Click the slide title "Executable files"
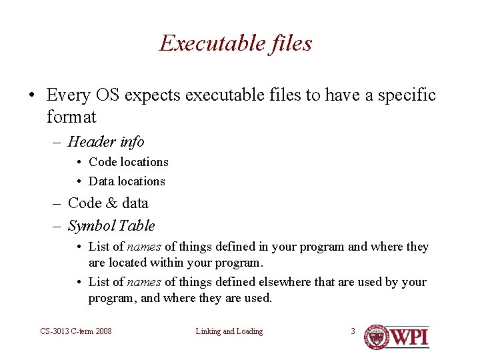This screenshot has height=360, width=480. tap(235, 43)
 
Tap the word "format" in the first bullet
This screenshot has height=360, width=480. tap(71, 117)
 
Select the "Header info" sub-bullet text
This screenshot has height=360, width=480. tap(106, 141)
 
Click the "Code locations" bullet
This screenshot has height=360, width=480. tap(128, 162)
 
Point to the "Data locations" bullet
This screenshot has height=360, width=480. tap(127, 181)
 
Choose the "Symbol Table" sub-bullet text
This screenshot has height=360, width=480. tap(111, 226)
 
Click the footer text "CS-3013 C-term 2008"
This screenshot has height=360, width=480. tap(76, 331)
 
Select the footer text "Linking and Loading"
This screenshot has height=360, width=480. tap(229, 331)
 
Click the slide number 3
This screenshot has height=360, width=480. tap(353, 331)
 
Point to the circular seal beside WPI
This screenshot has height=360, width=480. tap(377, 337)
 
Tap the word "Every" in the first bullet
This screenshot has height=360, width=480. tap(68, 95)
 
